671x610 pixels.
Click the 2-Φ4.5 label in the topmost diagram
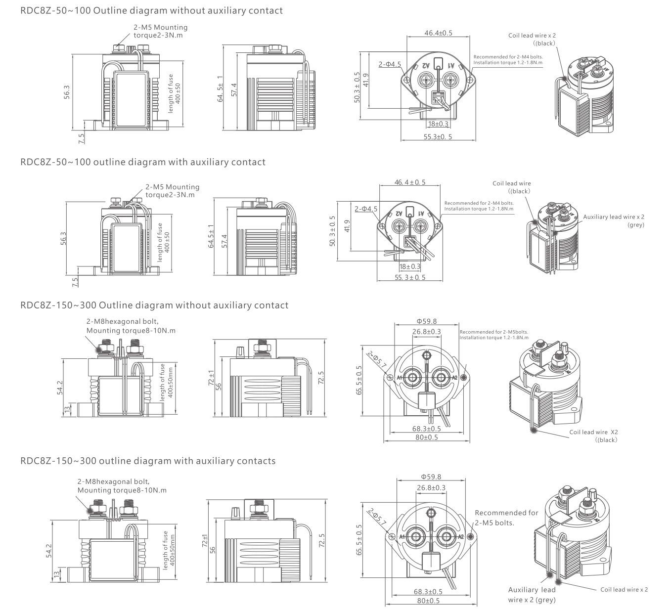point(390,64)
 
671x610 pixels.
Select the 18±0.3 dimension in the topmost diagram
point(438,124)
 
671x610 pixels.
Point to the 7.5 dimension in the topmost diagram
point(82,138)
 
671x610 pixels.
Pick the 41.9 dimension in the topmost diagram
point(365,80)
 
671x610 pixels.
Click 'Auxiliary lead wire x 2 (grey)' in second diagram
point(614,220)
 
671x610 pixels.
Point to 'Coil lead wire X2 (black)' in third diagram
point(594,436)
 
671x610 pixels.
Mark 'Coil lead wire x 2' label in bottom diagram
point(624,589)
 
